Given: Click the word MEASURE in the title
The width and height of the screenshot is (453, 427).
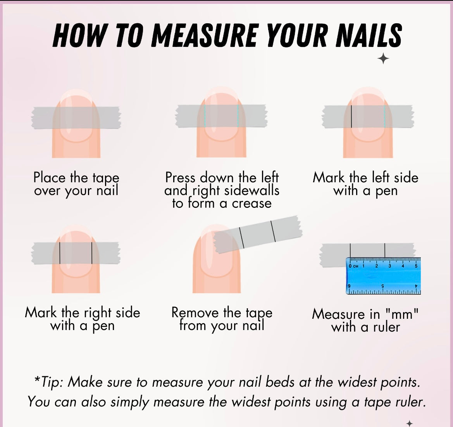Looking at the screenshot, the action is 204,35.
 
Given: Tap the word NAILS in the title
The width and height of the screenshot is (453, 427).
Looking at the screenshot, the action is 369,35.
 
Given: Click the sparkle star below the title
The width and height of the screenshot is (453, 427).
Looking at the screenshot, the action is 383,59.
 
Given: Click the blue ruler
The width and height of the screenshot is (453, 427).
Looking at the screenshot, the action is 383,276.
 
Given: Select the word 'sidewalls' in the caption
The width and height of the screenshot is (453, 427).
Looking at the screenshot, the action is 251,190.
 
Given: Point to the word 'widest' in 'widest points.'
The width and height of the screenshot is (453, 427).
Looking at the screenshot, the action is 358,382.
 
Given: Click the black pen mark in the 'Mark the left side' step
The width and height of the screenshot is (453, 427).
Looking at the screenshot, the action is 351,116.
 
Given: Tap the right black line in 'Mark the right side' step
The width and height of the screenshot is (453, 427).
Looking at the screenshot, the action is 92,253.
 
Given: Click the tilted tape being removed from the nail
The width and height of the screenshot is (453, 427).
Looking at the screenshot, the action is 258,234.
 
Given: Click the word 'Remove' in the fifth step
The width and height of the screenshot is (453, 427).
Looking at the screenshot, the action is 195,313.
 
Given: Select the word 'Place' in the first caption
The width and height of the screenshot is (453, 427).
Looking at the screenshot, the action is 49,178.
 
